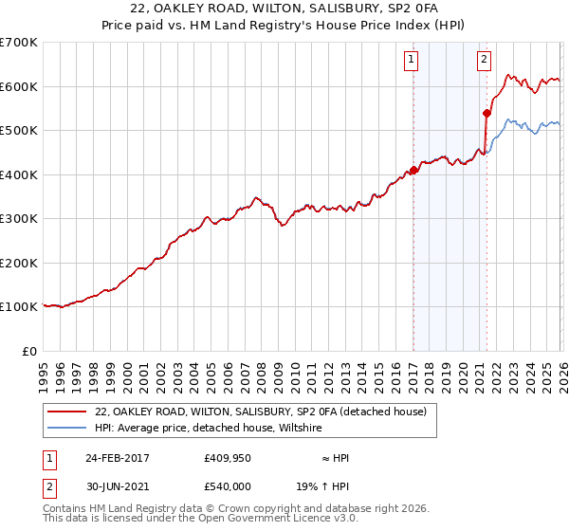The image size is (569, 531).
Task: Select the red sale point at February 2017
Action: [x=413, y=171]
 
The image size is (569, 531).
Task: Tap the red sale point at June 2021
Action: [x=486, y=113]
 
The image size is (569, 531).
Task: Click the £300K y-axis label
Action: [x=19, y=219]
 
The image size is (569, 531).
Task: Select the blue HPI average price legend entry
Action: [x=209, y=428]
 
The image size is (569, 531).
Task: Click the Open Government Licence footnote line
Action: [x=200, y=521]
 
